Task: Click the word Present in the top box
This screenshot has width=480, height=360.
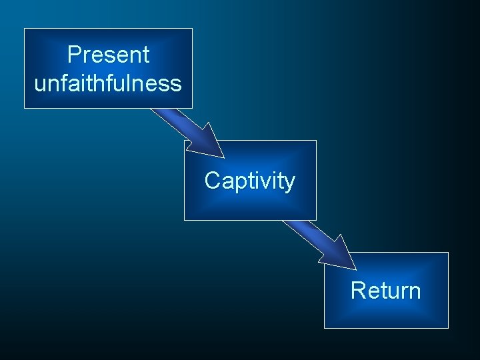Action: click(108, 55)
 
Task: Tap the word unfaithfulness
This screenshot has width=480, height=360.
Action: click(108, 83)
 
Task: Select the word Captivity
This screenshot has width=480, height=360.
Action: click(249, 181)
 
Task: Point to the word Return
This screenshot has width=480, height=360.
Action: click(385, 291)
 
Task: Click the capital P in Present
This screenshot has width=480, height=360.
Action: click(73, 55)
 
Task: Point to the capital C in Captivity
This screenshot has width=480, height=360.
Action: click(212, 181)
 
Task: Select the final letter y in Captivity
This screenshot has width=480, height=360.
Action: click(289, 183)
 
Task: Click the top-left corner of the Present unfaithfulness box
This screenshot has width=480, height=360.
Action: click(25, 29)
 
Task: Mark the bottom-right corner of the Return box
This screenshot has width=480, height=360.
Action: click(448, 327)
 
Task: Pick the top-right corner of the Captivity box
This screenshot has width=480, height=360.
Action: click(315, 141)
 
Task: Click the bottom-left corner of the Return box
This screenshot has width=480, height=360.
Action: click(325, 327)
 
